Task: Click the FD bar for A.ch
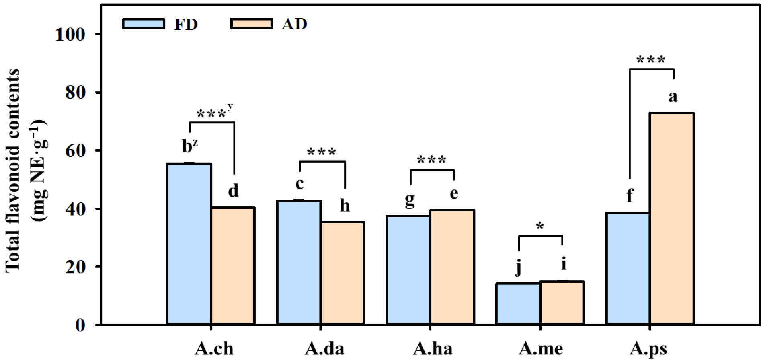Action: [189, 243]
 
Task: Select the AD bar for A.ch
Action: [233, 265]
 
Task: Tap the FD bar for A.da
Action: [299, 262]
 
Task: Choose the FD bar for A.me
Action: [518, 304]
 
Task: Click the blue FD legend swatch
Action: [144, 24]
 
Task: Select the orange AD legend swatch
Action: [251, 24]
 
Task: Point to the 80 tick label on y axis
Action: [76, 93]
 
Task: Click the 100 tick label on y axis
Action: [70, 35]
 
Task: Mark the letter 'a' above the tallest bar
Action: [673, 97]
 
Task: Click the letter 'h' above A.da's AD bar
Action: [345, 206]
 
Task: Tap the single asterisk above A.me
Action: [540, 226]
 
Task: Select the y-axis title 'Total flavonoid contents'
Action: [13, 171]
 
